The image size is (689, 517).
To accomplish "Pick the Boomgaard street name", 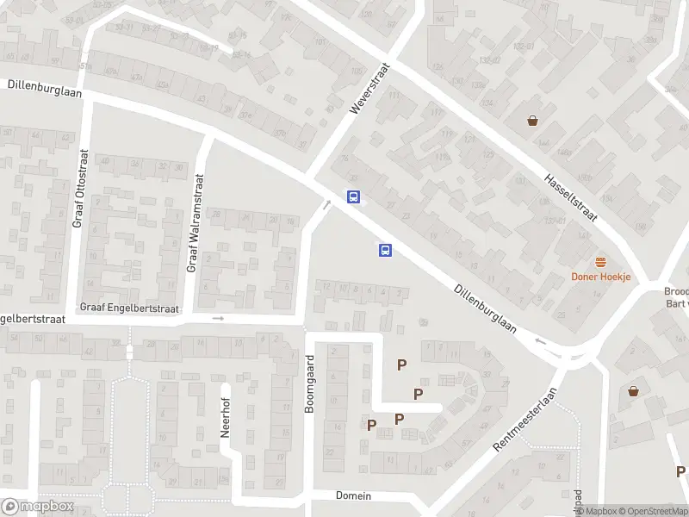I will [x=311, y=388].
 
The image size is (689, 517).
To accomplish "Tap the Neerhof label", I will [x=226, y=411].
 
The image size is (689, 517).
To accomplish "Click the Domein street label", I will [x=353, y=495].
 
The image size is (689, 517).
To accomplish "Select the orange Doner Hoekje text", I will [x=601, y=277].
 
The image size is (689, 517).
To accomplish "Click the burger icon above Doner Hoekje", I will [x=601, y=262].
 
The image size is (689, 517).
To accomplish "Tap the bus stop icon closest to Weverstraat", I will [x=353, y=196].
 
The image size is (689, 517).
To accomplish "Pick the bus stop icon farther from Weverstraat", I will [x=385, y=251].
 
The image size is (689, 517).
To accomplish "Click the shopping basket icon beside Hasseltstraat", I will [x=534, y=121].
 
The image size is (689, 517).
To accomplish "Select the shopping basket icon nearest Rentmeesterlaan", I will [x=635, y=391].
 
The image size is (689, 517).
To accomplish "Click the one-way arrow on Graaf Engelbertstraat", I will [x=218, y=319].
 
